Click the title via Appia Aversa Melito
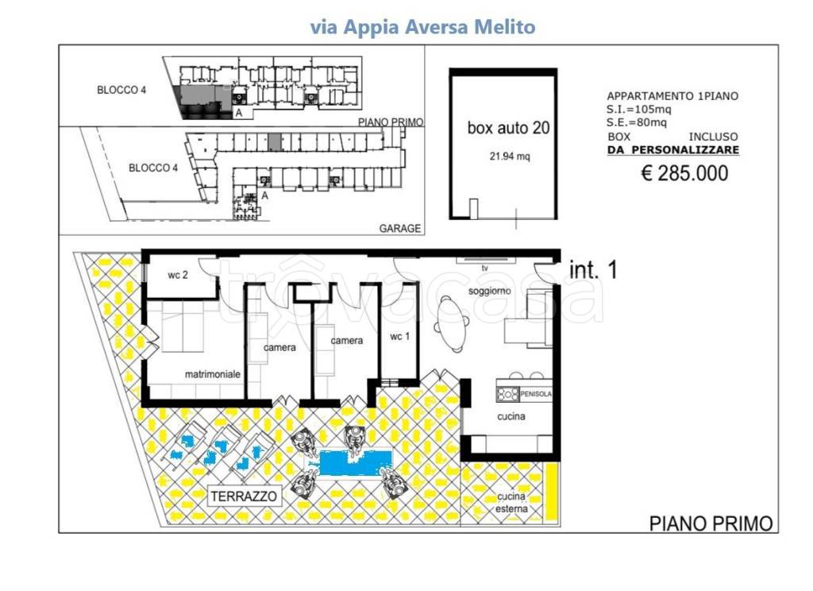pyautogui.click(x=422, y=27)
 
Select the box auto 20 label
pyautogui.click(x=509, y=127)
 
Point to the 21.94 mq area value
pyautogui.click(x=509, y=157)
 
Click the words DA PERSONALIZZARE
pyautogui.click(x=673, y=149)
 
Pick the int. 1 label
pyautogui.click(x=594, y=270)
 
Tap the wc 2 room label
pyautogui.click(x=178, y=276)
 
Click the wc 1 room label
pyautogui.click(x=400, y=336)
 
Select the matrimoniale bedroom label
pyautogui.click(x=213, y=373)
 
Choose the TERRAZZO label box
pyautogui.click(x=245, y=497)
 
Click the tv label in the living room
pyautogui.click(x=483, y=268)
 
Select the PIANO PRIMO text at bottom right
pyautogui.click(x=711, y=523)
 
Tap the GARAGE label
pyautogui.click(x=399, y=228)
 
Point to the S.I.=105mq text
pyautogui.click(x=640, y=109)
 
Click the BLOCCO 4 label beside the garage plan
pyautogui.click(x=153, y=168)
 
